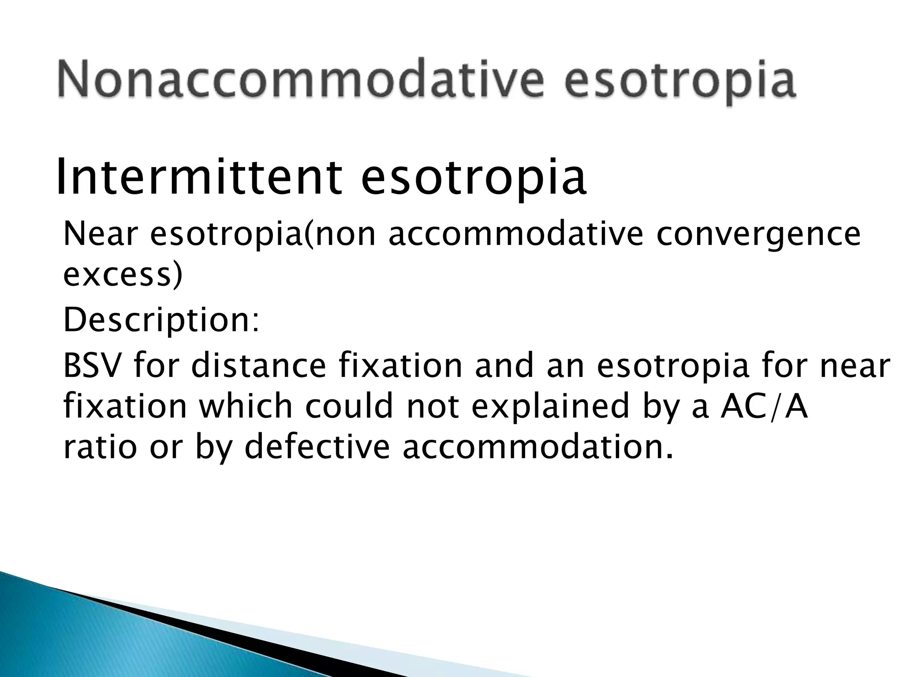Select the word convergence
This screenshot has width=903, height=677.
758,234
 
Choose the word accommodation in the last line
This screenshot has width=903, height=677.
537,447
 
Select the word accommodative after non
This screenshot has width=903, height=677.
515,234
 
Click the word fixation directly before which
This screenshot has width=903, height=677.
125,406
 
